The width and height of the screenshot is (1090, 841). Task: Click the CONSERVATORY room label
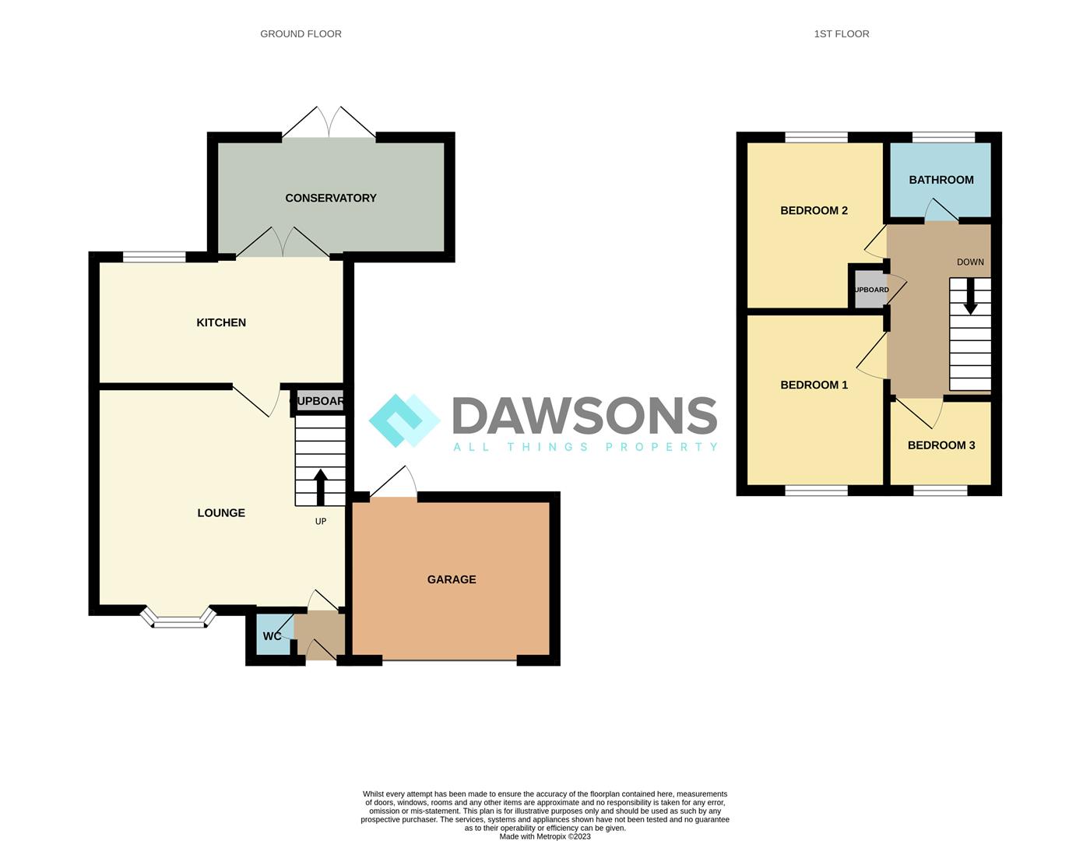[x=330, y=198]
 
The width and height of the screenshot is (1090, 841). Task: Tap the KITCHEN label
[x=221, y=322]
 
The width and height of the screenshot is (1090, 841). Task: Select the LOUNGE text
[x=221, y=512]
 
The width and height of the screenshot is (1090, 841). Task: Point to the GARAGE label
[x=452, y=579]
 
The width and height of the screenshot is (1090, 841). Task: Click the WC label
[x=272, y=636]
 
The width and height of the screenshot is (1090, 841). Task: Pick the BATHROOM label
[x=941, y=180]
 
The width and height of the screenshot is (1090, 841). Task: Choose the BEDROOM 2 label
[x=814, y=210]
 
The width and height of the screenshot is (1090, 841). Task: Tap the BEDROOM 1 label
[x=814, y=385]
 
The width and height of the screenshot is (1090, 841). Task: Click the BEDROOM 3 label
[x=941, y=445]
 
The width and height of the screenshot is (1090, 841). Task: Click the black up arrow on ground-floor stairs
[x=320, y=486]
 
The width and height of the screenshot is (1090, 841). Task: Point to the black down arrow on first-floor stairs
[x=970, y=297]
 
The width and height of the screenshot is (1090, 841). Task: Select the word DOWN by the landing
[x=970, y=262]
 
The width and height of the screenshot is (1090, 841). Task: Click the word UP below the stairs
[x=320, y=521]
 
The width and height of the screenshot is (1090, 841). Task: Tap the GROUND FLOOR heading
[x=301, y=33]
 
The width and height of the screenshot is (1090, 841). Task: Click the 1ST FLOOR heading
[x=841, y=33]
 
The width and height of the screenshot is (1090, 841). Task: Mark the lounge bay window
[x=178, y=620]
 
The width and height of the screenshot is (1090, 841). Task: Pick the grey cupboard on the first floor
[x=870, y=290]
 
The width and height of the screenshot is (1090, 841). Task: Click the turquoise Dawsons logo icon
[x=404, y=420]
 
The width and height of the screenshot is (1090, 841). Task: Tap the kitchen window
[x=154, y=256]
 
